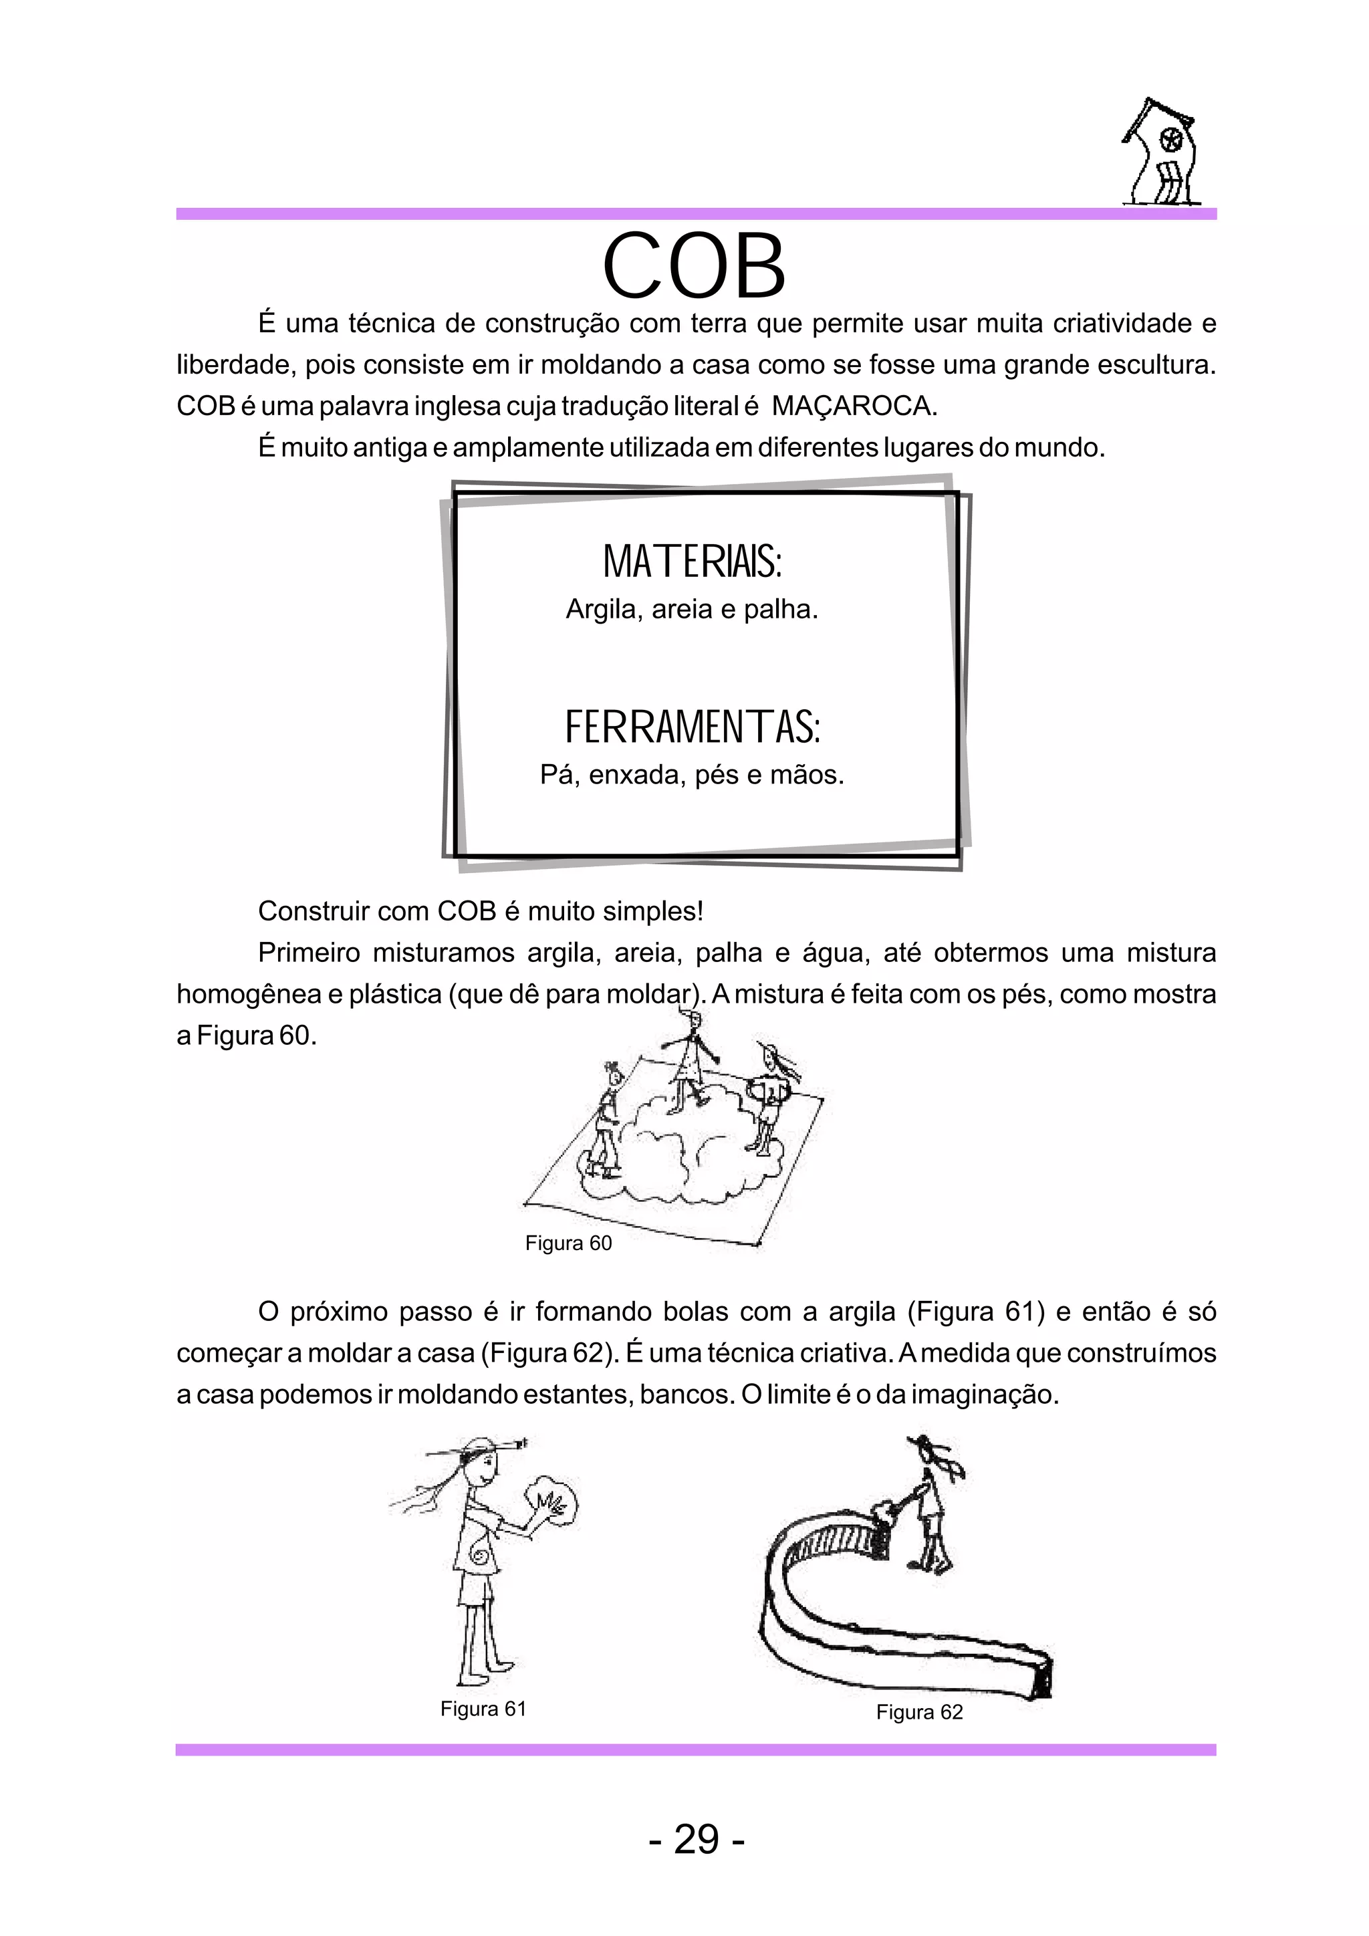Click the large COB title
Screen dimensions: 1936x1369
pos(694,267)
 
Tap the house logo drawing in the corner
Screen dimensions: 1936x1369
pos(1161,154)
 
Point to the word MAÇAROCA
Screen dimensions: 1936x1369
pos(852,406)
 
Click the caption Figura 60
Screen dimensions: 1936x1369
pos(568,1243)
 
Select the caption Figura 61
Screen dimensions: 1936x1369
pos(483,1708)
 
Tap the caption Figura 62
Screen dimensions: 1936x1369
pos(919,1711)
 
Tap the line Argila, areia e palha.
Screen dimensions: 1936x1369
pos(692,609)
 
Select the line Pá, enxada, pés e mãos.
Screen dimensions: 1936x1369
pos(692,774)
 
